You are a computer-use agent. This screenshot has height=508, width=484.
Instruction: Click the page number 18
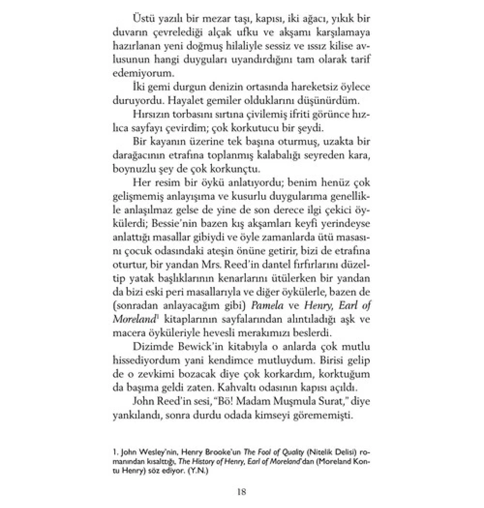[242, 492]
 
